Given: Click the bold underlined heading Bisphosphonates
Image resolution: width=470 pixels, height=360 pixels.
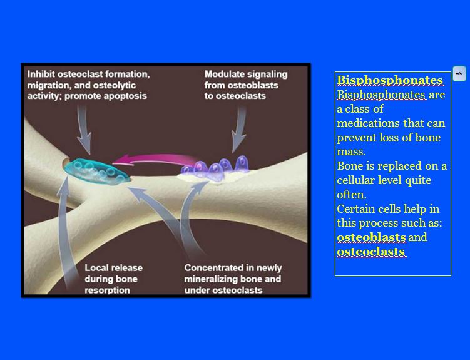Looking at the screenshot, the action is (390, 80).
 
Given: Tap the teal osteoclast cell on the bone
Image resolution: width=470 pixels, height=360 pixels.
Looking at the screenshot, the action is (97, 171).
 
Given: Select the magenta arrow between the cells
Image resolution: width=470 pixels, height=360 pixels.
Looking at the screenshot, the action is (155, 160).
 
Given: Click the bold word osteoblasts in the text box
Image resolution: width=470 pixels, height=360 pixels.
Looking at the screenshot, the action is (371, 237).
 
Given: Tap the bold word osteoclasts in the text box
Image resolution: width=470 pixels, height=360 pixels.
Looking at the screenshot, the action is (371, 252).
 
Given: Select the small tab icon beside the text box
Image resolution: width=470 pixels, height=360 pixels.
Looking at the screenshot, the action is (459, 74).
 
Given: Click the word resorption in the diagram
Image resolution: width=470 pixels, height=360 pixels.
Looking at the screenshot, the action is (107, 290).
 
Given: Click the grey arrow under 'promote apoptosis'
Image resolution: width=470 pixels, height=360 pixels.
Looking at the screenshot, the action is (84, 129).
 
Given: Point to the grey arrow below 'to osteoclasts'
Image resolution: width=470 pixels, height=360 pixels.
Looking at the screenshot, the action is (240, 129).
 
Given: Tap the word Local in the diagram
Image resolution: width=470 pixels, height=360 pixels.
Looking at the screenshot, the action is (95, 268).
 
